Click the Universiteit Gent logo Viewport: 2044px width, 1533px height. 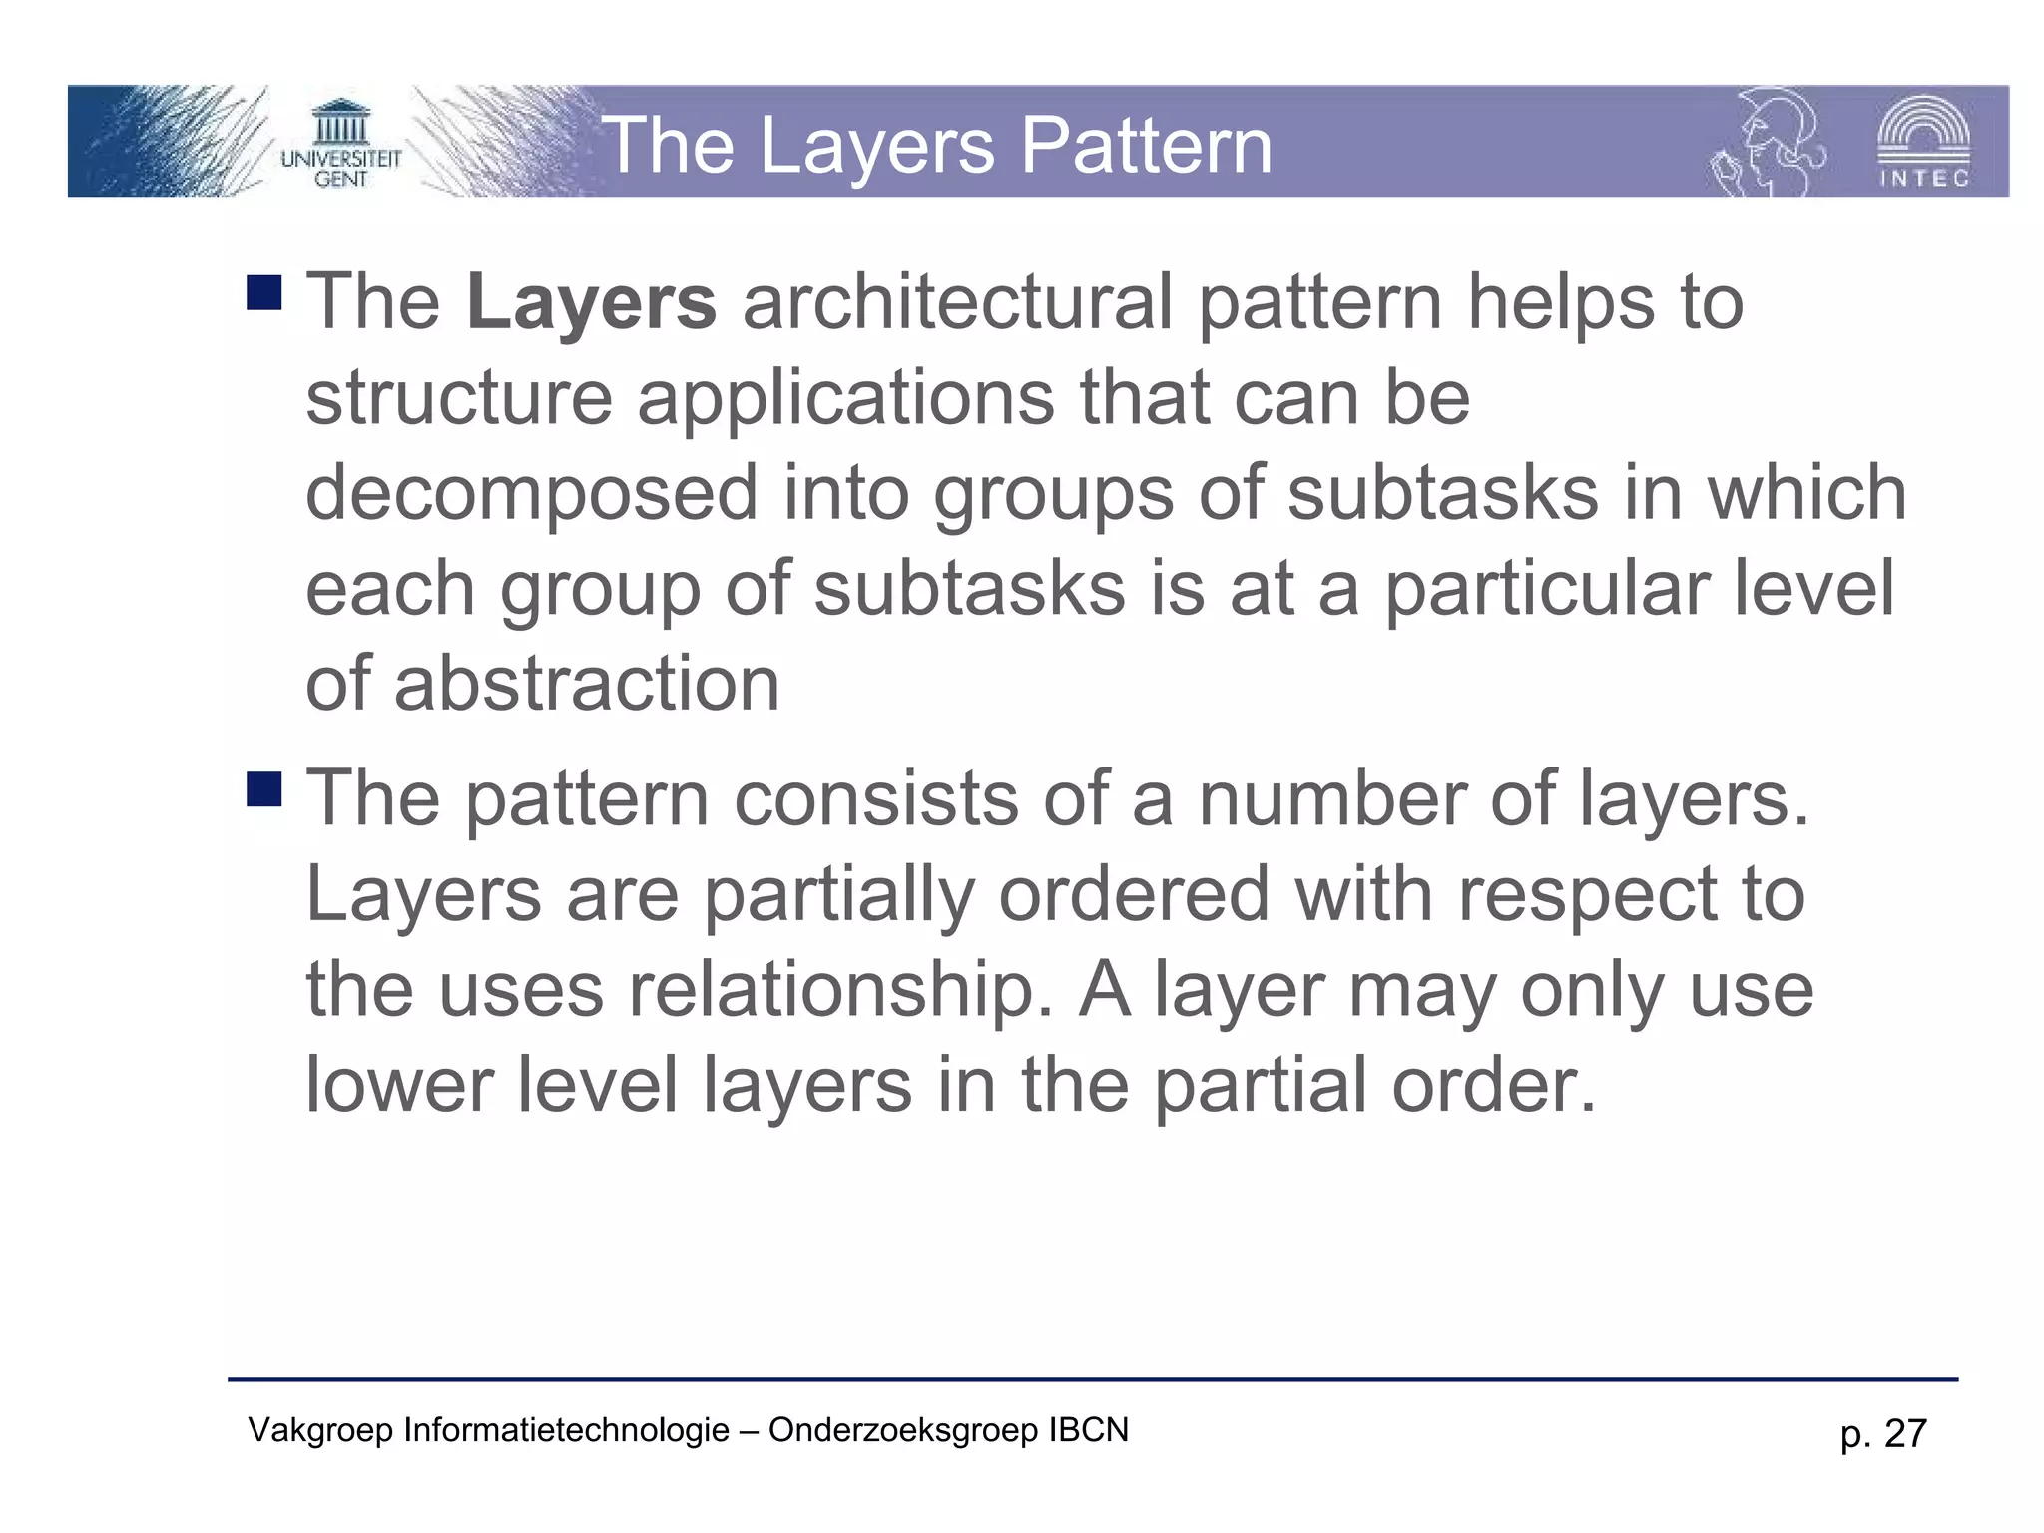pos(340,143)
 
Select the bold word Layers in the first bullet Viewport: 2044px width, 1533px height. pos(591,302)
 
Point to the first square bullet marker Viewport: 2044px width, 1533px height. pos(264,292)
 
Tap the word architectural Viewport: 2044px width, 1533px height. pos(957,302)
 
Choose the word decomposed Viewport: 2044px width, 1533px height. pos(531,493)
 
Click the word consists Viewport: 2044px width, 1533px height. pos(875,799)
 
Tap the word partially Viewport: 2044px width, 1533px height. pos(837,895)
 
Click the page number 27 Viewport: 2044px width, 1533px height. pos(1904,1434)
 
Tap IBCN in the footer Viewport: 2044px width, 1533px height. pos(1088,1430)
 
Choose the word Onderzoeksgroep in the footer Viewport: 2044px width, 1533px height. pos(903,1430)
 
